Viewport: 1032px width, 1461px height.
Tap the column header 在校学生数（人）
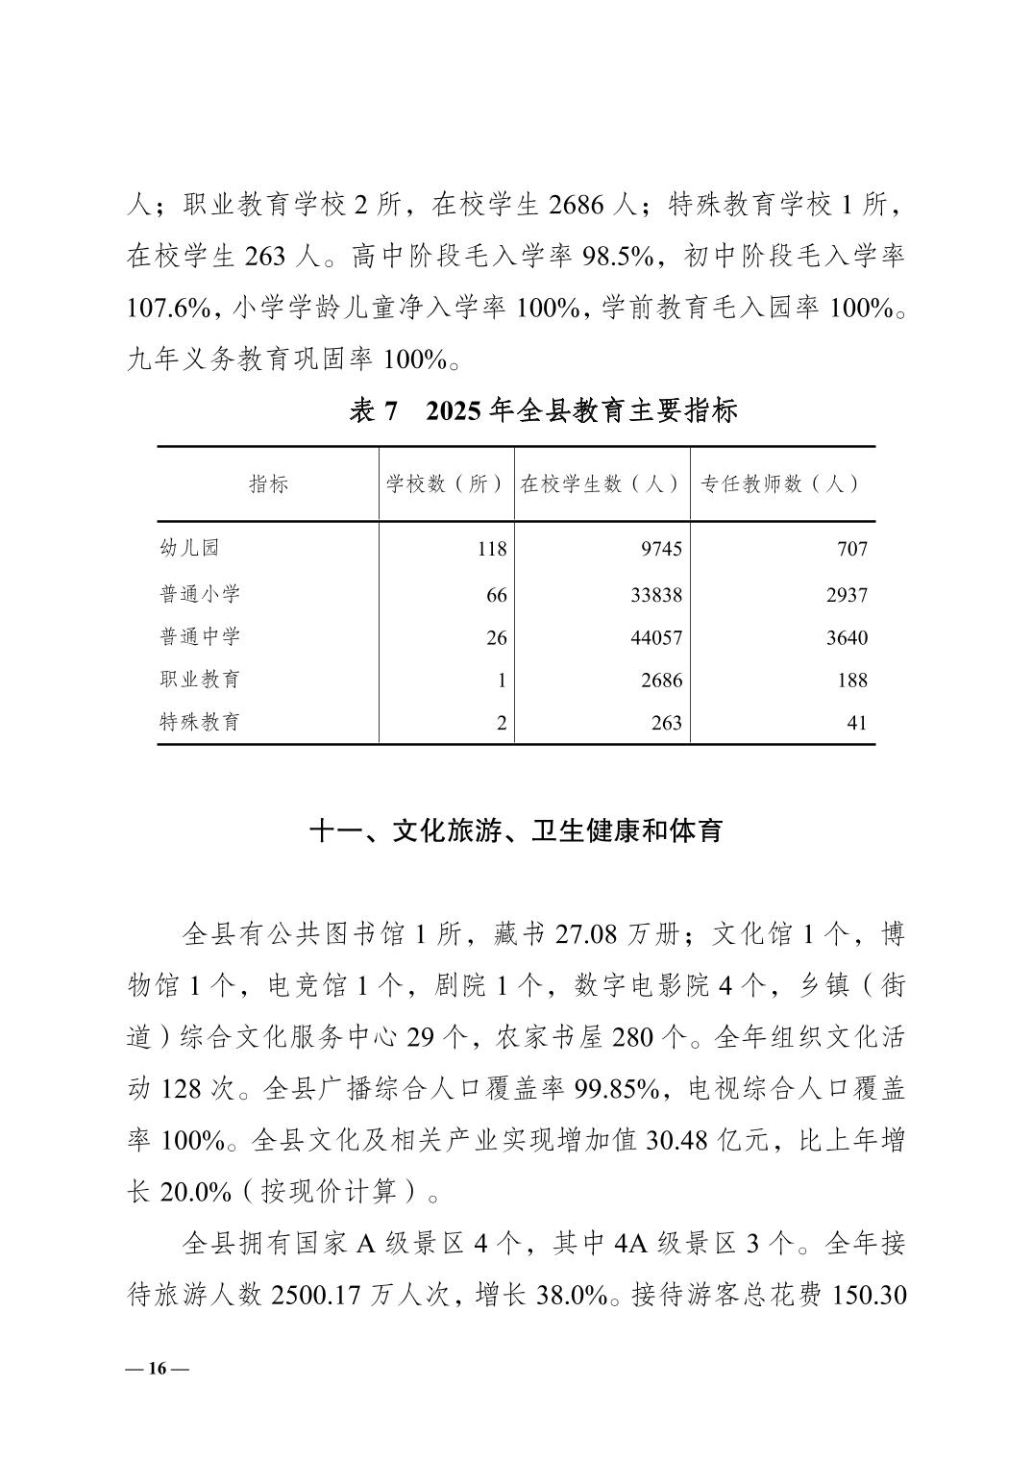point(602,484)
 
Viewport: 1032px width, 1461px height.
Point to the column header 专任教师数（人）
point(780,484)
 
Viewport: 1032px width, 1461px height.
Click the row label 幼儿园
point(189,548)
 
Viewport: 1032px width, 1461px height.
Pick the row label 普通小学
point(200,594)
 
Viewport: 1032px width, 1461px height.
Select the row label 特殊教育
point(200,722)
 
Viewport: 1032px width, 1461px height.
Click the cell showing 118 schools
point(491,549)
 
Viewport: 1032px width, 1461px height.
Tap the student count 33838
point(656,595)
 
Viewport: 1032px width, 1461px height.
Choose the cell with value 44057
point(656,637)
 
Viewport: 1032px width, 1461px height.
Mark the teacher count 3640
point(847,637)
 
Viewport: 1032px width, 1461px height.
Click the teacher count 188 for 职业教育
point(852,681)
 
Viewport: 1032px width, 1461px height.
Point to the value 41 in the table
point(857,723)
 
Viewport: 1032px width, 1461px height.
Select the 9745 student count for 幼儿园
point(661,549)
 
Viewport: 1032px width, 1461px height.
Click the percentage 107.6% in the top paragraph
point(169,308)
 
